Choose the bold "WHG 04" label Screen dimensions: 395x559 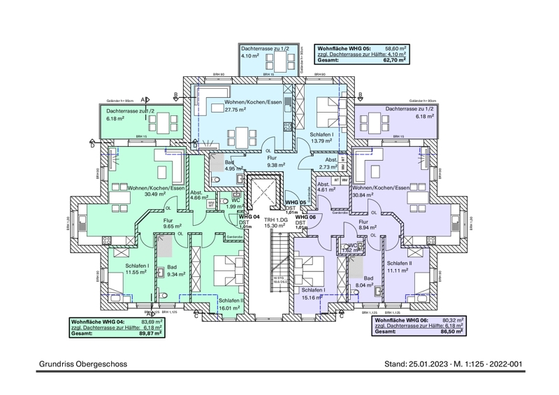tap(249, 217)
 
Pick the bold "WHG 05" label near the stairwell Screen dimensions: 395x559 tap(297, 202)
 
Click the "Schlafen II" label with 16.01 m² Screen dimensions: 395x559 tap(230, 300)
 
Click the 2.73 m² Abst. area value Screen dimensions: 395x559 tap(329, 166)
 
